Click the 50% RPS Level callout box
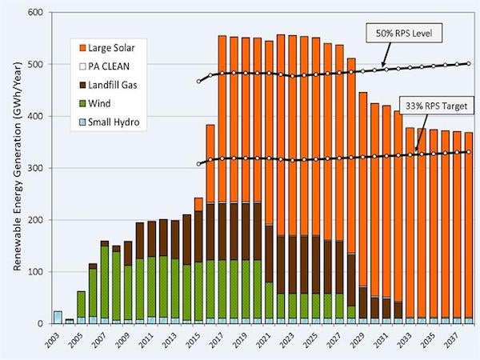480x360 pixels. point(403,34)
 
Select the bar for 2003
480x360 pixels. point(58,318)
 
